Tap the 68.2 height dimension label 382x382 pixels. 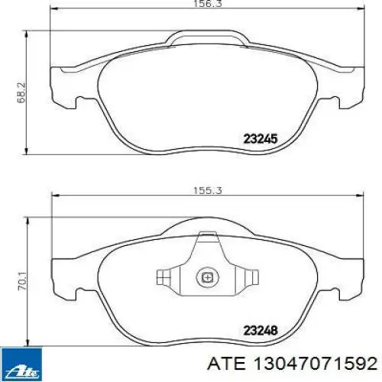pyautogui.click(x=21, y=92)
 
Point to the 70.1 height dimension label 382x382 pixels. pyautogui.click(x=22, y=281)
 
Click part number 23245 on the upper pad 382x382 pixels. pyautogui.click(x=261, y=139)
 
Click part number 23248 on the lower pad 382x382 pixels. pyautogui.click(x=261, y=331)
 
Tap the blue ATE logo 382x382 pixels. pyautogui.click(x=21, y=364)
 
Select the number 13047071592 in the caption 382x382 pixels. pyautogui.click(x=316, y=363)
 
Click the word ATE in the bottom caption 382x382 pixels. pyautogui.click(x=227, y=363)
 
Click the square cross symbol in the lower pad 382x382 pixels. pyautogui.click(x=208, y=277)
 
